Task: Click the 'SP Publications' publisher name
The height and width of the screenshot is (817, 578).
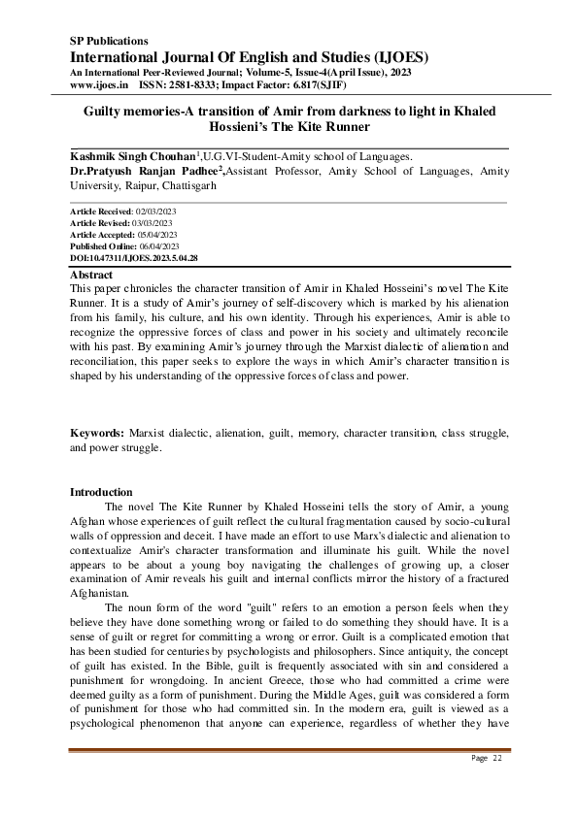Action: [109, 41]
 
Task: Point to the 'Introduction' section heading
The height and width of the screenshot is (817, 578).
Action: [102, 492]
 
